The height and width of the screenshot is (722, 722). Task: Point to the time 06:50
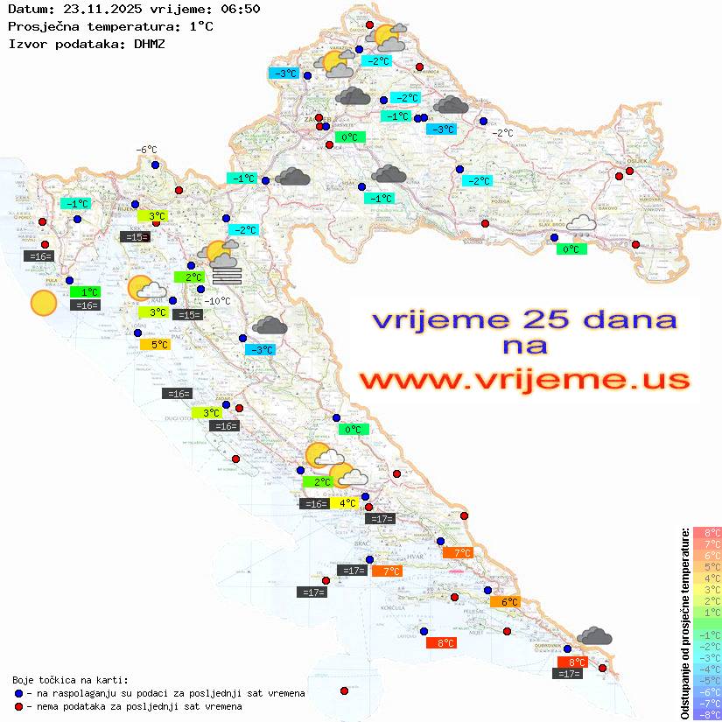(x=237, y=9)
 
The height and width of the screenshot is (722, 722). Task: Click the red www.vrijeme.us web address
(x=524, y=380)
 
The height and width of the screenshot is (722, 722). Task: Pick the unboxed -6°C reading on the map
(x=145, y=150)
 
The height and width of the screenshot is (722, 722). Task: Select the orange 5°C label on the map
(x=155, y=345)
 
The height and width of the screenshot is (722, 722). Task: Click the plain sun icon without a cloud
(x=42, y=304)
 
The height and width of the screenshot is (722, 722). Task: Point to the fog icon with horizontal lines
(x=227, y=275)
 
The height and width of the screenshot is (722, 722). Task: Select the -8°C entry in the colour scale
(x=706, y=714)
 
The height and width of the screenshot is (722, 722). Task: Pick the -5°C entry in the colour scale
(x=706, y=680)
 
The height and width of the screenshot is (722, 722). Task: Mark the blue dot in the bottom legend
(x=18, y=693)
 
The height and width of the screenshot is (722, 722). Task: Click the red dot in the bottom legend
(x=18, y=706)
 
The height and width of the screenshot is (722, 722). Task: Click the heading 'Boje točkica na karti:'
(x=70, y=680)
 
